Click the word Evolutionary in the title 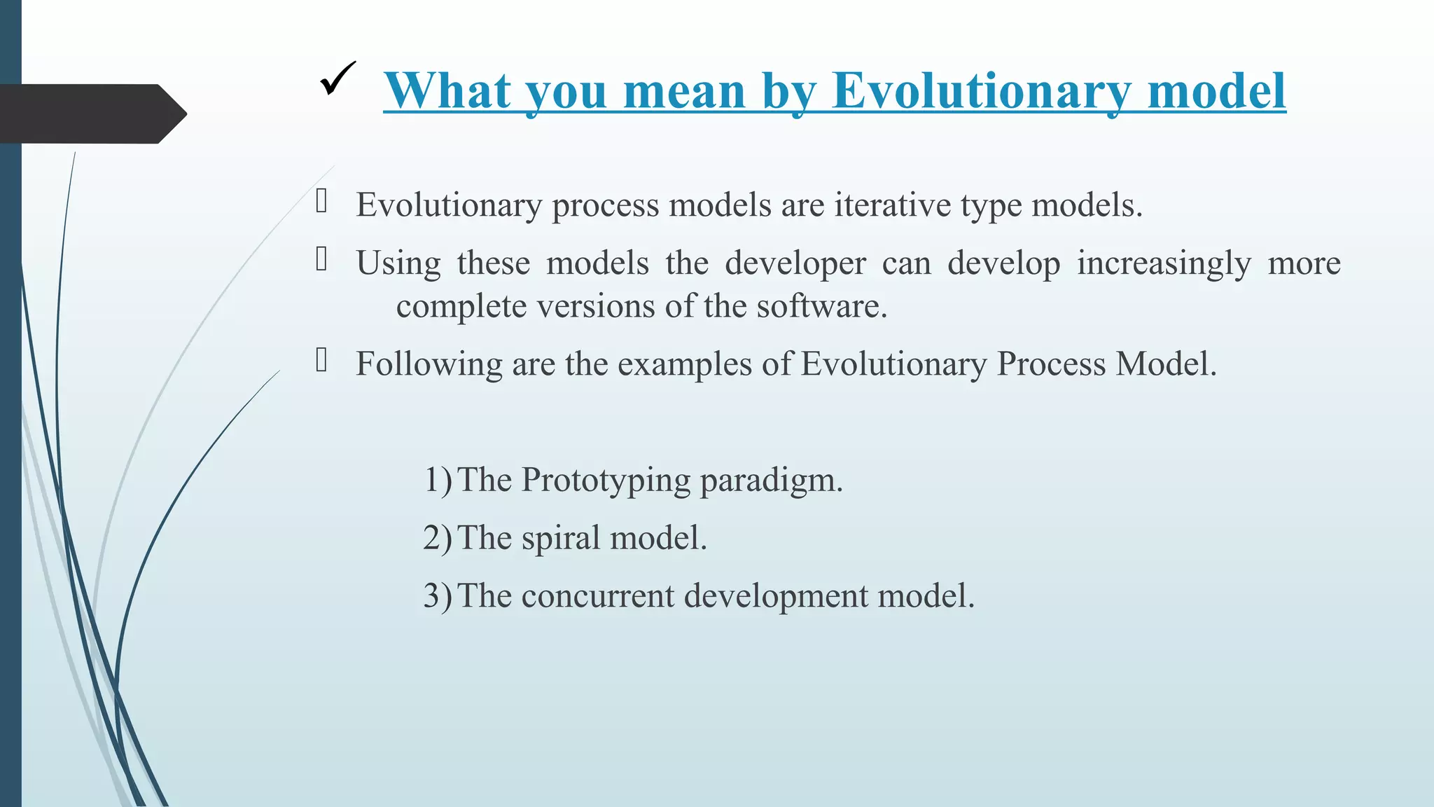click(981, 91)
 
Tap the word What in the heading click(447, 91)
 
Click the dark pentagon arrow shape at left click(91, 113)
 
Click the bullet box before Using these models click(322, 260)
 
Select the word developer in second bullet click(795, 263)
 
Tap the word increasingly click(1163, 263)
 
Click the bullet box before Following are click(322, 361)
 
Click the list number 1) click(438, 481)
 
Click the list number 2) click(438, 539)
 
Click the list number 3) click(438, 597)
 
